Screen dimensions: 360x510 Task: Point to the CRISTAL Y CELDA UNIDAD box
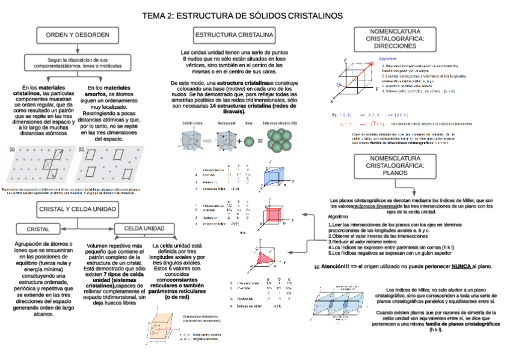pyautogui.click(x=78, y=209)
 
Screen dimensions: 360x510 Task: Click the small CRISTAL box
pyautogui.click(x=38, y=229)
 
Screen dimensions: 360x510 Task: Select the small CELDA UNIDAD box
pyautogui.click(x=144, y=228)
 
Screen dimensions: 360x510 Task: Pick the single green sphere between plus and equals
pyautogui.click(x=247, y=142)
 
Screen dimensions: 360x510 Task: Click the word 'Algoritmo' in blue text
pyautogui.click(x=388, y=59)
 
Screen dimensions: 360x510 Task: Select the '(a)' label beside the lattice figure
pyautogui.click(x=11, y=148)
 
